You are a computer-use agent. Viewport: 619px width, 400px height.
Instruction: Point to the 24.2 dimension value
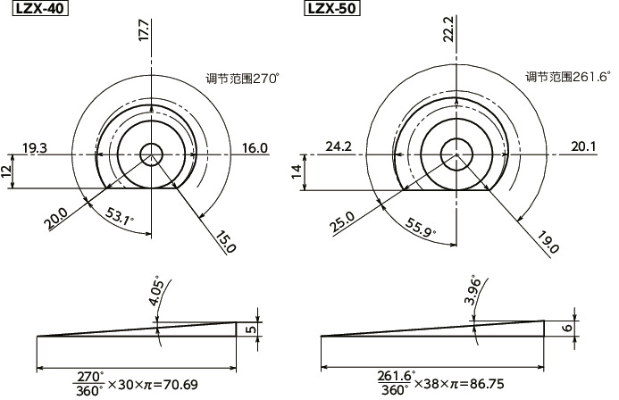339,146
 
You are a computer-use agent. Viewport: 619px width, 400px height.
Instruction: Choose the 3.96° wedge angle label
469,291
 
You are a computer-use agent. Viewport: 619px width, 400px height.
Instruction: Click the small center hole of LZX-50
458,154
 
